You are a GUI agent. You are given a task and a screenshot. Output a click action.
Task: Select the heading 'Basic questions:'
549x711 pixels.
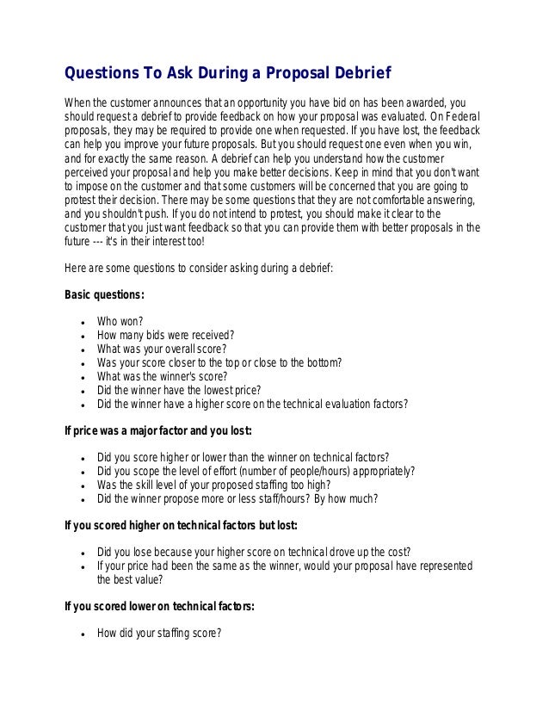(105, 295)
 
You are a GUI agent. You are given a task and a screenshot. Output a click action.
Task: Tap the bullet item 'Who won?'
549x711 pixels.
(120, 322)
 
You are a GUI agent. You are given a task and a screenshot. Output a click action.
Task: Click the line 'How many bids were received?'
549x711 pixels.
(166, 336)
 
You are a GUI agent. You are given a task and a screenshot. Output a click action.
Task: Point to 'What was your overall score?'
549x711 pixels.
(162, 349)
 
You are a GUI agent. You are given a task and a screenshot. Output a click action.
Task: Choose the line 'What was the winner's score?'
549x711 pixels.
(162, 376)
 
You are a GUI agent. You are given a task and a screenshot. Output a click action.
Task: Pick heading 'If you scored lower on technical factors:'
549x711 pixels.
(160, 605)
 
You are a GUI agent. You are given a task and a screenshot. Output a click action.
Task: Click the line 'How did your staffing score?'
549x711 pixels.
(159, 633)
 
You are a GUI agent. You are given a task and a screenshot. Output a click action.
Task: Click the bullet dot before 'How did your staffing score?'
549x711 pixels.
(80, 634)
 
